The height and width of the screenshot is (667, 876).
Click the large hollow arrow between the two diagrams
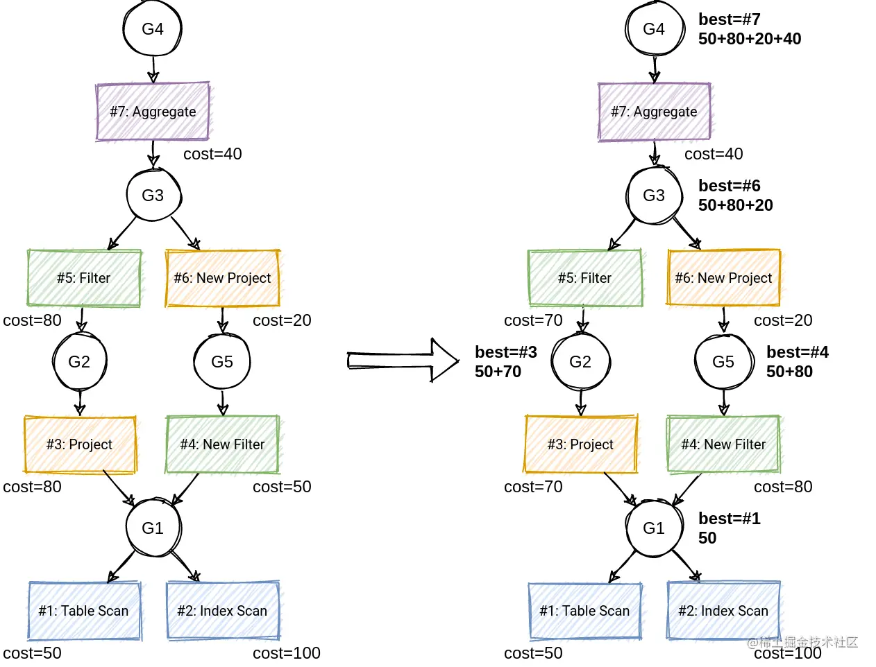[x=403, y=361]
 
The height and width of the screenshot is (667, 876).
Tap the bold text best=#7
[x=729, y=19]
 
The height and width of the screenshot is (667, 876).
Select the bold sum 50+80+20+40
[x=749, y=39]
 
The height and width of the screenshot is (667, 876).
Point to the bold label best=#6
[x=729, y=186]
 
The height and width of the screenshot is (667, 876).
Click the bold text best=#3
[x=505, y=352]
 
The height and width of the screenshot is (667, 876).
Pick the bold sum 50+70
[x=498, y=372]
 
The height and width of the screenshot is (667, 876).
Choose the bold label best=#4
[x=797, y=352]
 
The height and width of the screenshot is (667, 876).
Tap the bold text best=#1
[x=729, y=519]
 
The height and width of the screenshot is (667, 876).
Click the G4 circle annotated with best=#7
[x=655, y=28]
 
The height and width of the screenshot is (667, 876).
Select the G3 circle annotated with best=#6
[x=654, y=195]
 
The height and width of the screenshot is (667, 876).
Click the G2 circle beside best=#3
[x=580, y=361]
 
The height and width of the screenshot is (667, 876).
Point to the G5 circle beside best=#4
[x=723, y=361]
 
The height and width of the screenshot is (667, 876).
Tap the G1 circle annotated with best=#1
[x=654, y=528]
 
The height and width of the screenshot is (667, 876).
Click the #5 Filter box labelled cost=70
[x=584, y=278]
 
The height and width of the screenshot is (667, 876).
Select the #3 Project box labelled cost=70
[x=580, y=444]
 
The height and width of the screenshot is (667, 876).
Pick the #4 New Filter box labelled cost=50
[x=222, y=444]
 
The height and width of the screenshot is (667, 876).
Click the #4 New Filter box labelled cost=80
[x=723, y=444]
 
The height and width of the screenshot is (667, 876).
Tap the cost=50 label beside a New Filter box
[x=282, y=487]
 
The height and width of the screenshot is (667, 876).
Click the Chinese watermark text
[x=802, y=642]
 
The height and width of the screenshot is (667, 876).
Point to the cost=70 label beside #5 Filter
[x=533, y=320]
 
